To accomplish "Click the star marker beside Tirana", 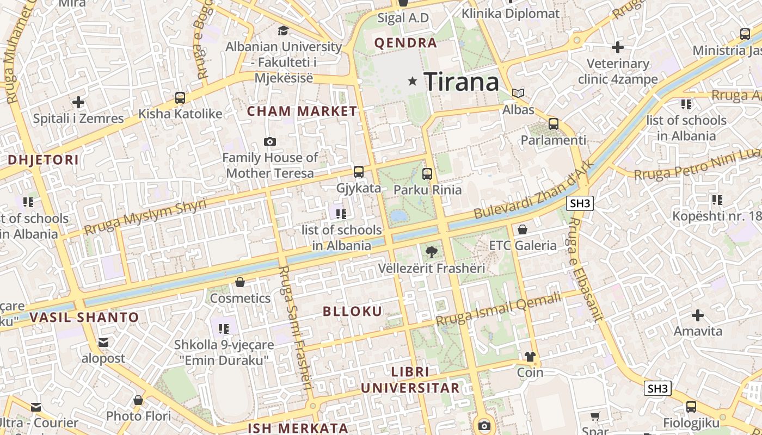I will (x=413, y=82).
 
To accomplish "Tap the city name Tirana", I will (x=461, y=82).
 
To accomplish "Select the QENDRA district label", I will (x=405, y=43).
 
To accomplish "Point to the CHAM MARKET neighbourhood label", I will (x=302, y=111).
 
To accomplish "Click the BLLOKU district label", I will (x=353, y=312).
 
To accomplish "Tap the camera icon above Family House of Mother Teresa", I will (x=269, y=142).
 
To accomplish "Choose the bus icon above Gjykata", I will (x=358, y=172).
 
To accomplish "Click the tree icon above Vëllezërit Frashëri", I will (x=431, y=252).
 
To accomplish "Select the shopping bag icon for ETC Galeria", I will (x=523, y=230).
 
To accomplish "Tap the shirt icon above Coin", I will (x=530, y=357).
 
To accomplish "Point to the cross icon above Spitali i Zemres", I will (x=78, y=102).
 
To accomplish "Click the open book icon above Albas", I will (x=518, y=94).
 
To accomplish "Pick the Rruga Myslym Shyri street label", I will (x=145, y=217).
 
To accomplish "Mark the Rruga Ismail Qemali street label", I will (x=498, y=309).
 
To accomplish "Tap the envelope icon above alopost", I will (x=103, y=343).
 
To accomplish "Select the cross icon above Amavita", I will (x=698, y=315).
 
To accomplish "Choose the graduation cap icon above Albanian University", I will (x=283, y=30).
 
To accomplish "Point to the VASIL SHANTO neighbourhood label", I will (x=84, y=317).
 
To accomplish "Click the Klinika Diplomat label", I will (x=511, y=14).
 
